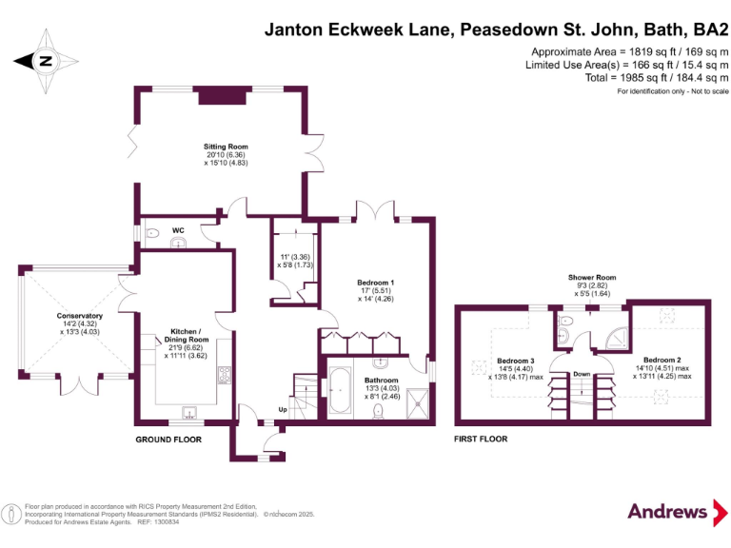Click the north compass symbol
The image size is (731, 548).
click(45, 60)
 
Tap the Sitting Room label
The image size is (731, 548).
click(226, 147)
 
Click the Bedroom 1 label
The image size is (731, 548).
click(376, 283)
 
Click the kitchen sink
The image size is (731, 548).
click(189, 413)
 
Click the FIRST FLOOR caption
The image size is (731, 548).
click(481, 440)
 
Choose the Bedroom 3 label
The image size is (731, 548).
click(515, 361)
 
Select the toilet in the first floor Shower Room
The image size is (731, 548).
click(564, 323)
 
